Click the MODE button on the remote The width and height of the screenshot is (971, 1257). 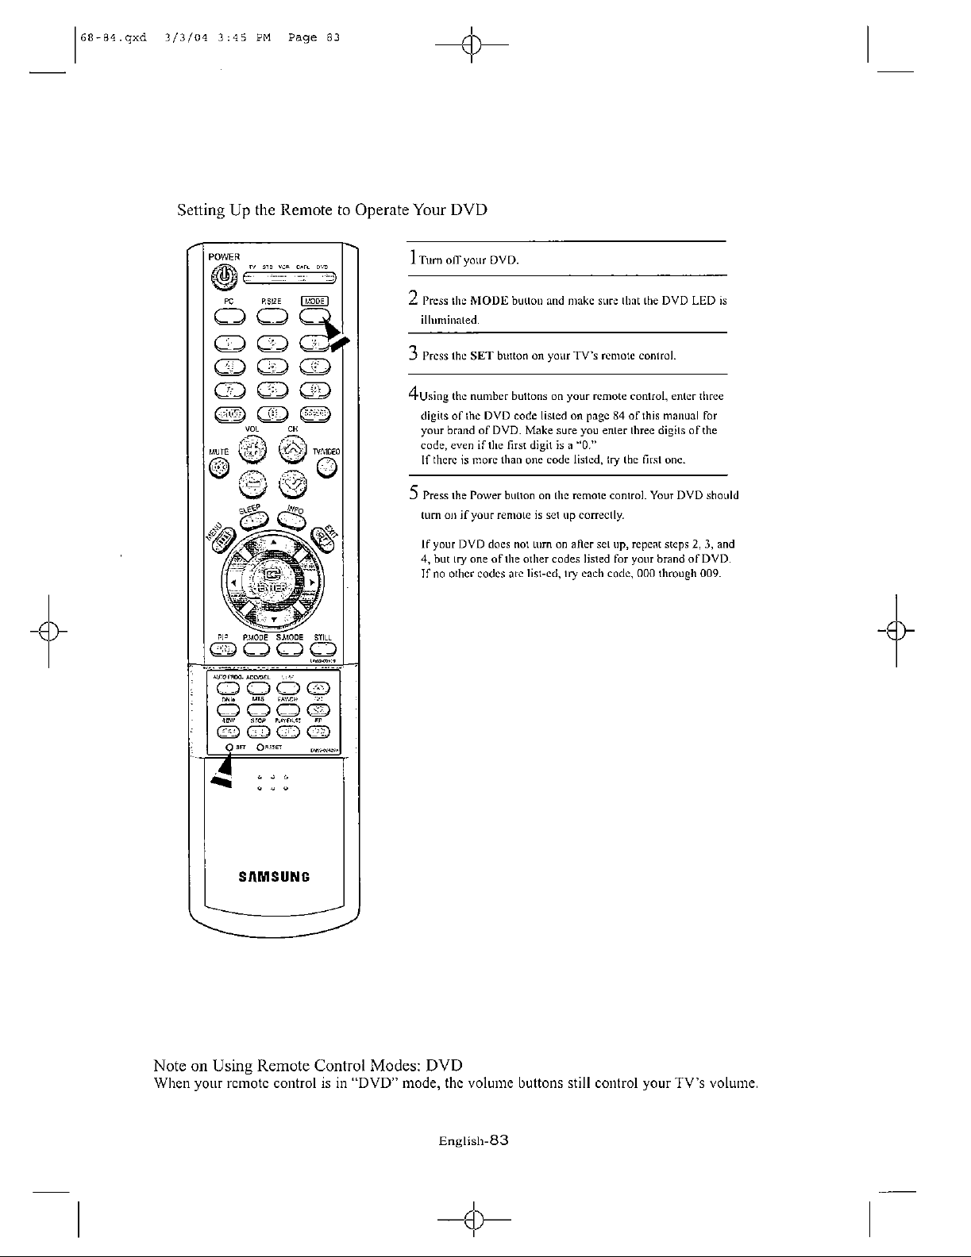[315, 315]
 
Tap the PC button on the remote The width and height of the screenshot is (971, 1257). [228, 315]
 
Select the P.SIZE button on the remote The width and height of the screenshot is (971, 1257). [272, 315]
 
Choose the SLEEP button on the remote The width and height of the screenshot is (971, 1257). [255, 518]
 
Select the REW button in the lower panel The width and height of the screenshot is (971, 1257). [227, 731]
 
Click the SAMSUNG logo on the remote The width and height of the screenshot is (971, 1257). [272, 878]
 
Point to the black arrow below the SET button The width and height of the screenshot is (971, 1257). [223, 771]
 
